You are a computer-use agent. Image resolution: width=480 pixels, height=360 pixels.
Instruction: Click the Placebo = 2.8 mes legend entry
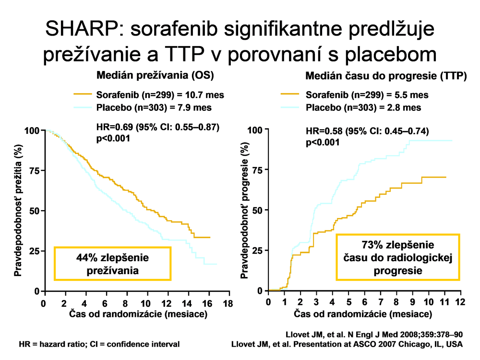pyautogui.click(x=363, y=108)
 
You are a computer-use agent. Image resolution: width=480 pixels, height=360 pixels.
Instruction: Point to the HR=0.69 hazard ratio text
pyautogui.click(x=158, y=128)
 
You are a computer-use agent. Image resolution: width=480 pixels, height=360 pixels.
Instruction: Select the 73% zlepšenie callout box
pyautogui.click(x=398, y=257)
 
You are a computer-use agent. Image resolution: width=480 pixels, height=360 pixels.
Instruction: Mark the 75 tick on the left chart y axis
pyautogui.click(x=34, y=170)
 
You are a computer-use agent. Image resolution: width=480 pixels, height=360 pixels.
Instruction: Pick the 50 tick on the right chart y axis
pyautogui.click(x=258, y=210)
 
